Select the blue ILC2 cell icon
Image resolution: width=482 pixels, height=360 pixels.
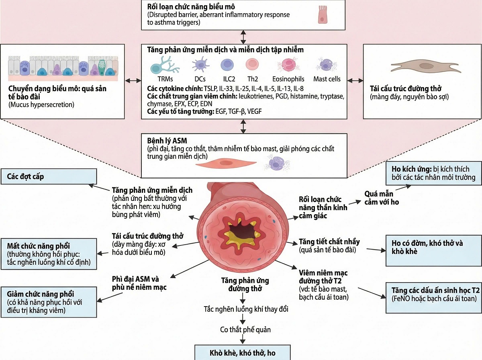click(227, 65)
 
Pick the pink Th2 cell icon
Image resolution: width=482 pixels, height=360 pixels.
click(252, 65)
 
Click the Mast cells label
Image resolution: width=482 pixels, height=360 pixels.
click(327, 79)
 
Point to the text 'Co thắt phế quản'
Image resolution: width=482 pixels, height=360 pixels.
click(245, 330)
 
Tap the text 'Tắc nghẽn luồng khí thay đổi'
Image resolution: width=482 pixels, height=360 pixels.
click(245, 309)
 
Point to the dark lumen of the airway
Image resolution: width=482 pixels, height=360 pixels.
click(241, 232)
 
